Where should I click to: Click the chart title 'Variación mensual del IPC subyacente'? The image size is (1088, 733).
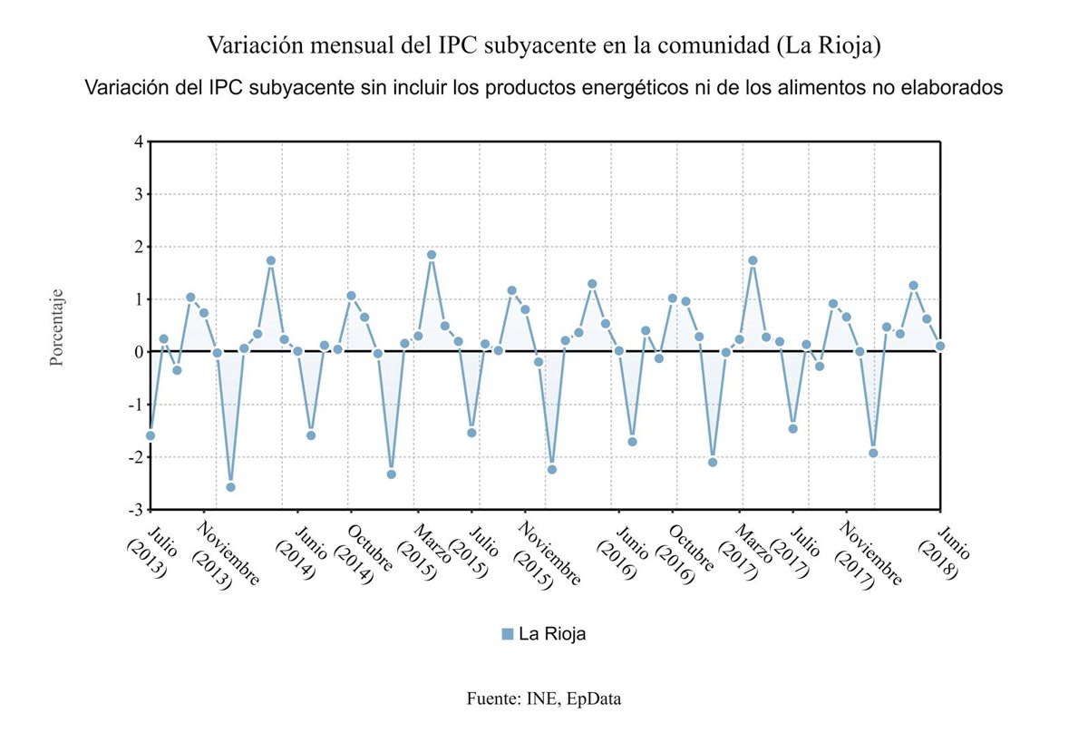(x=544, y=44)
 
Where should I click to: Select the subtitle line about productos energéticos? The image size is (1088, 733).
(x=544, y=88)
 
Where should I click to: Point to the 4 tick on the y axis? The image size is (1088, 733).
(x=138, y=142)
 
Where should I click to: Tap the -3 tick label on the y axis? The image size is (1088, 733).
(x=136, y=510)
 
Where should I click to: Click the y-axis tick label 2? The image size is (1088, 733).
(x=138, y=247)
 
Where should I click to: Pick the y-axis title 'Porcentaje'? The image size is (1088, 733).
(x=56, y=327)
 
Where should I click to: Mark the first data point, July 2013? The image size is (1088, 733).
(x=150, y=435)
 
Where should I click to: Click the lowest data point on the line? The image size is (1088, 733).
(x=230, y=487)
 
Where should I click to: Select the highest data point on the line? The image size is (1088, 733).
(x=432, y=255)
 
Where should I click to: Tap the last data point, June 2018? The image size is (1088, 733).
(x=940, y=346)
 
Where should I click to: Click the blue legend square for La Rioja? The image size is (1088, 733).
(x=507, y=634)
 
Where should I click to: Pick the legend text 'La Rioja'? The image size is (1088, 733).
(x=552, y=634)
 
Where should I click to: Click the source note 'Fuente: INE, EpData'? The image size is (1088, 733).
(x=544, y=699)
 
